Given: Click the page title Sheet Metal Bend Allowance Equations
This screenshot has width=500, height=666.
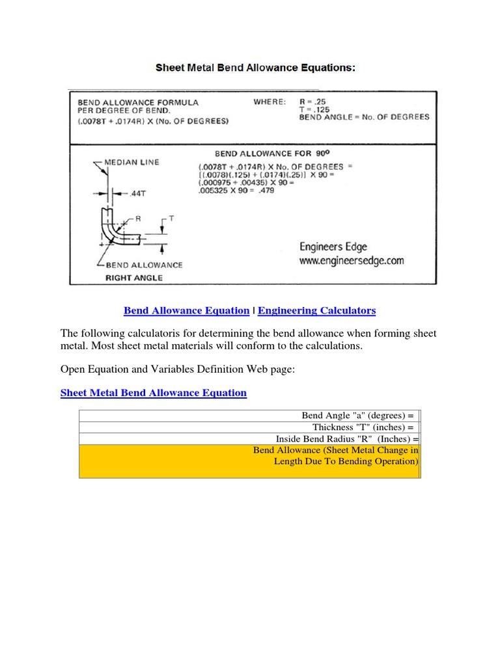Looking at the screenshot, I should pos(254,67).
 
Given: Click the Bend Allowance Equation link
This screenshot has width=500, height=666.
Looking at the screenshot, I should pos(186,311).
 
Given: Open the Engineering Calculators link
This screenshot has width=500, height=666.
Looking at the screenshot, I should pos(316,311).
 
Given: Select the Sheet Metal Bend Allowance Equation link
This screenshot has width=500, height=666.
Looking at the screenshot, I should pos(153,393).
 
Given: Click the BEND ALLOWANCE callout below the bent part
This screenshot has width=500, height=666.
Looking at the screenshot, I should pos(144,265).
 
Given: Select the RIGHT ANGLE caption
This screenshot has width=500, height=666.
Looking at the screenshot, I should pos(134,277).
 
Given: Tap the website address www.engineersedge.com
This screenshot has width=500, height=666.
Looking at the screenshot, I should pos(352,261).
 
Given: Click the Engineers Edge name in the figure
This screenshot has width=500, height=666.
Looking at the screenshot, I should pos(333,246).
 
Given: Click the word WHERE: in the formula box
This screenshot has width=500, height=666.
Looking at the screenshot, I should pos(268,102).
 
